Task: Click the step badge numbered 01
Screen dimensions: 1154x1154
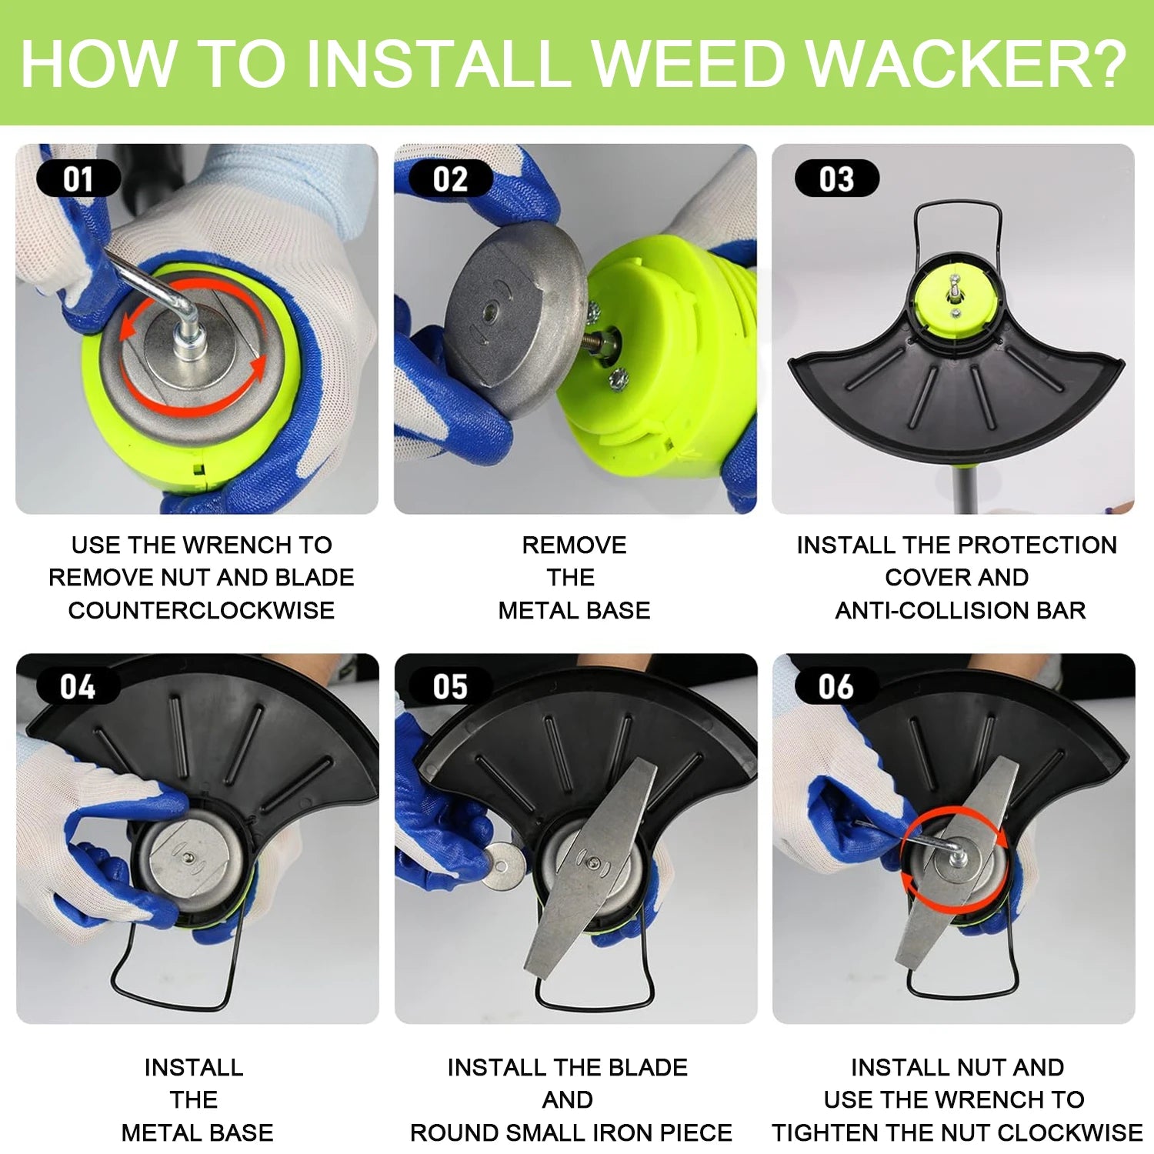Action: tap(78, 178)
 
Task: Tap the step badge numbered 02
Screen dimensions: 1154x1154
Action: tap(451, 178)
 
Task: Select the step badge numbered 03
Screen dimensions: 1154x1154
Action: tap(837, 178)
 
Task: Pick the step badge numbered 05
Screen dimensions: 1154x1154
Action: tap(451, 686)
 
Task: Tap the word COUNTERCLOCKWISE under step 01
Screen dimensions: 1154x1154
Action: tap(202, 610)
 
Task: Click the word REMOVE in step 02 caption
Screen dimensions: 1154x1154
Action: tap(574, 545)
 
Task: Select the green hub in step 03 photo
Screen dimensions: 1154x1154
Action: tap(954, 301)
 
